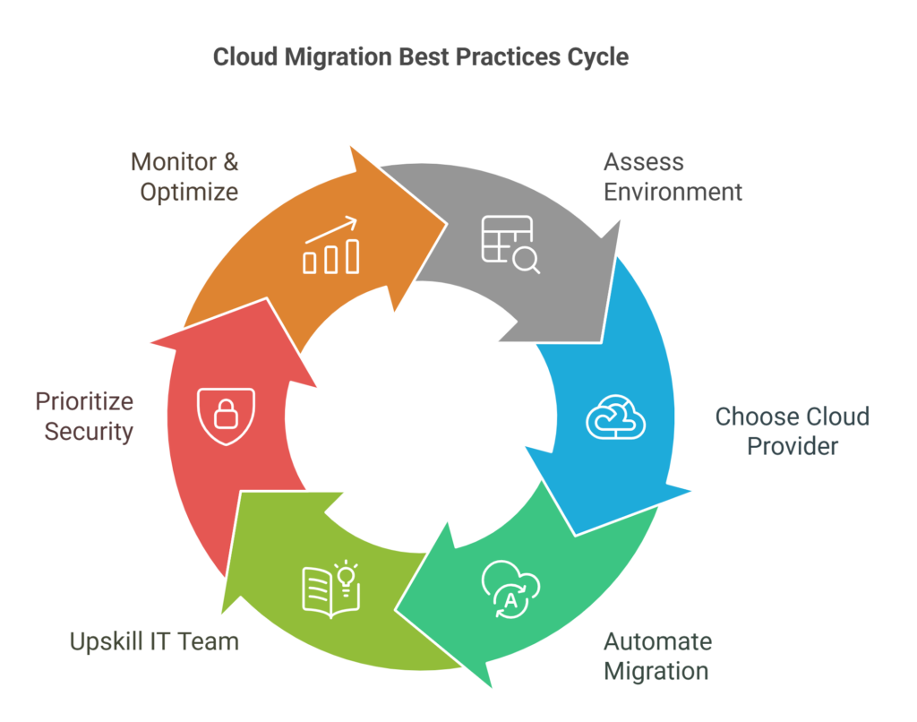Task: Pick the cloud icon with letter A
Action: (x=510, y=590)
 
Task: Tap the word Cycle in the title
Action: (x=598, y=57)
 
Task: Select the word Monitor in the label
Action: (x=174, y=162)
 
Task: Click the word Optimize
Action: (x=189, y=193)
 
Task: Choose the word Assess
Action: (x=643, y=162)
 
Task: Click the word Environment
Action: (x=673, y=193)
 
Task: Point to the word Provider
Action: (x=793, y=446)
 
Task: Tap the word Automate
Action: (x=657, y=641)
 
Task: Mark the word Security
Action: (x=89, y=431)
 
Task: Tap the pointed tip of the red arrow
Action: (x=152, y=341)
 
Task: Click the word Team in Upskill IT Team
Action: (x=209, y=641)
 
